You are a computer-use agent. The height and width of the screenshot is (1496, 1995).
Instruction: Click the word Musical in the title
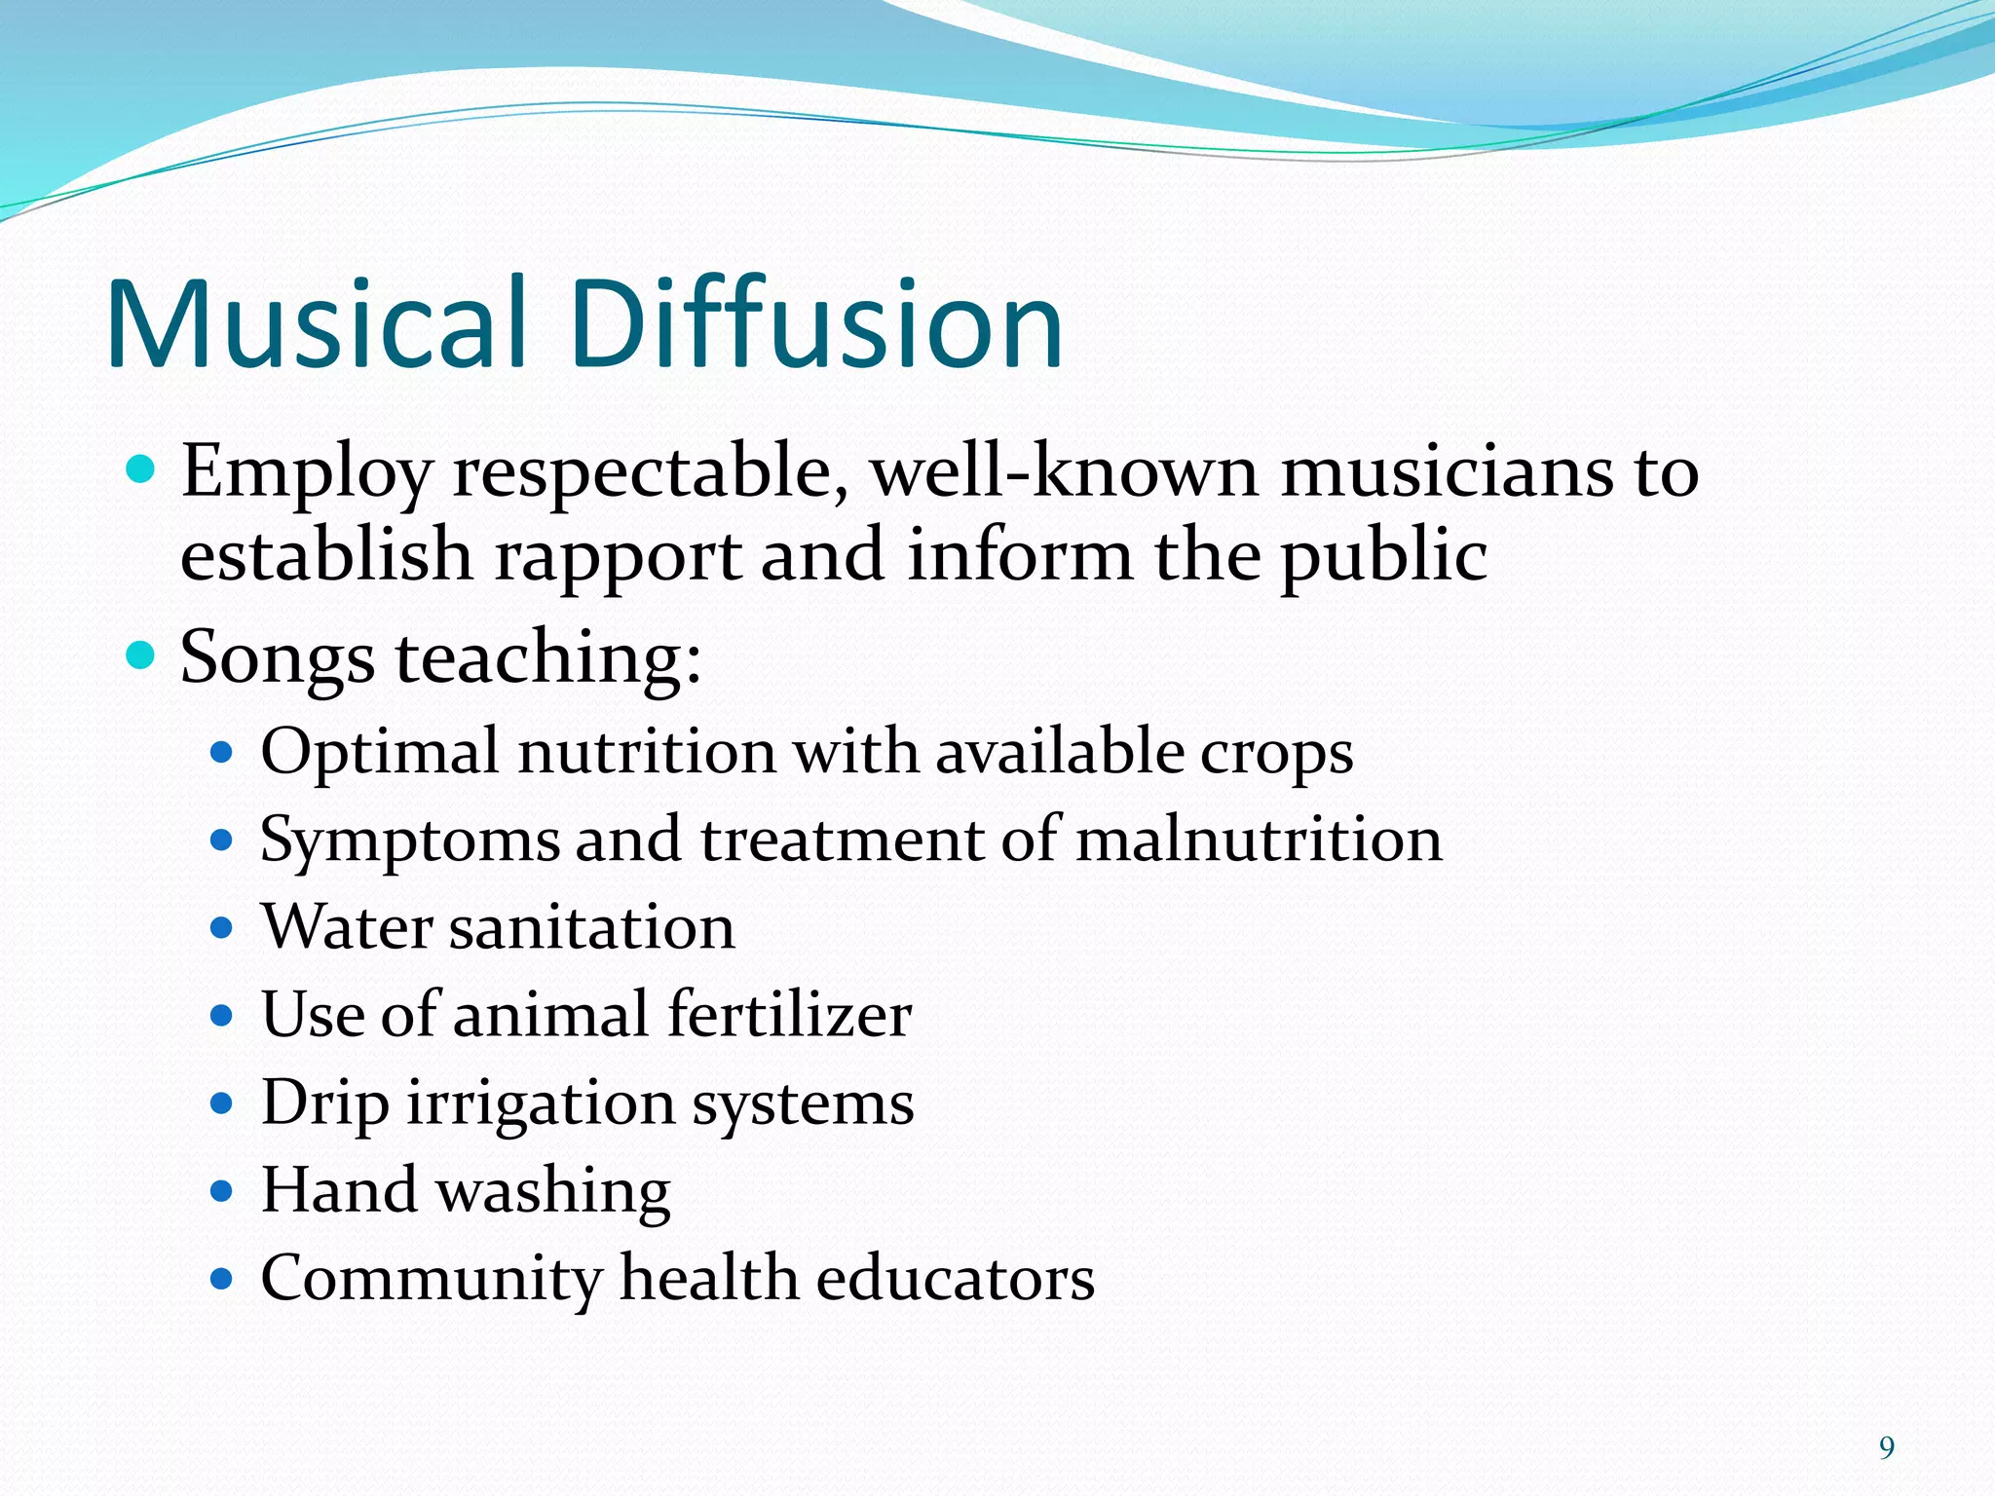pos(318,323)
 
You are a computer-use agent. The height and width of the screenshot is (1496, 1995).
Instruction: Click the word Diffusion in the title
pos(817,323)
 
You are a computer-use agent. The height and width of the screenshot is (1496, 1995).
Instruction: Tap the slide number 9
pos(1886,1448)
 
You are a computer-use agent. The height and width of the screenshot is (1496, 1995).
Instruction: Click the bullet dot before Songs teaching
pos(141,655)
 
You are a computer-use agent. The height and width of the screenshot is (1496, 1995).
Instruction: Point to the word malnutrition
pos(1259,840)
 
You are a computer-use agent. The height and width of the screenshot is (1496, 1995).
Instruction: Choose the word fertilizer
pos(790,1015)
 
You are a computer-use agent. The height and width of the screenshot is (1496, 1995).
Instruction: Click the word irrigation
pos(541,1104)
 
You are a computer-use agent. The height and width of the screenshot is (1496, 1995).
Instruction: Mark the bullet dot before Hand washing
pos(223,1190)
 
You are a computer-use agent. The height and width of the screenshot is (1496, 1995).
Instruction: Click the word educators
pos(956,1278)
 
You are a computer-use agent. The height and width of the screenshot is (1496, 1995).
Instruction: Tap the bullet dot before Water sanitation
pos(223,927)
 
